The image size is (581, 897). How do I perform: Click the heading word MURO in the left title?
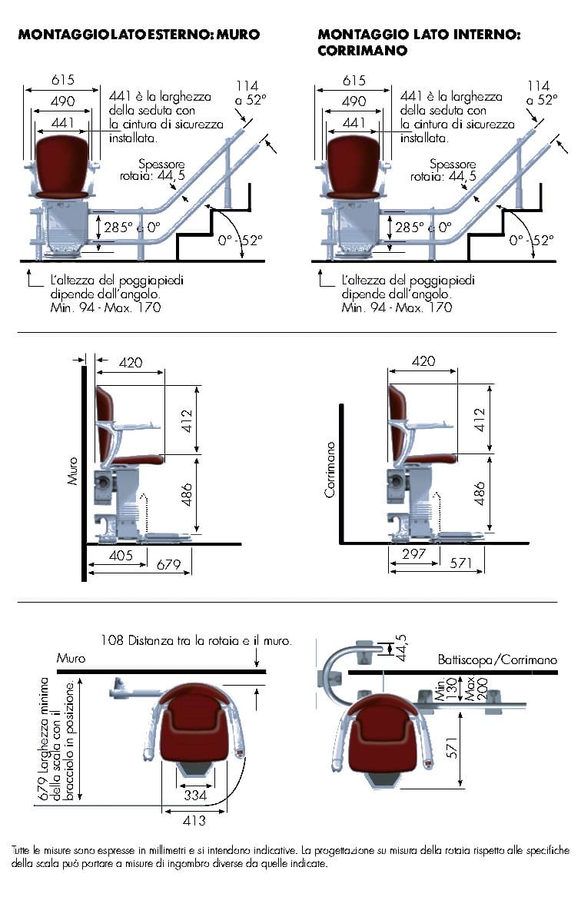(237, 35)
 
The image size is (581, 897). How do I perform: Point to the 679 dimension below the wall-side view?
(169, 565)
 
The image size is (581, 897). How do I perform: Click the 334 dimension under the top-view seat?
(195, 796)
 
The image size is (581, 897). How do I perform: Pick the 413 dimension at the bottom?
(194, 820)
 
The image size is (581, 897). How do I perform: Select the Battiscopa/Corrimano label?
(497, 659)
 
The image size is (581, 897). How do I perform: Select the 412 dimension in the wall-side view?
(187, 420)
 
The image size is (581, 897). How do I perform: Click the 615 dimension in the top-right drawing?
(354, 79)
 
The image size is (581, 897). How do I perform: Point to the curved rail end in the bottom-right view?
(334, 667)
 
